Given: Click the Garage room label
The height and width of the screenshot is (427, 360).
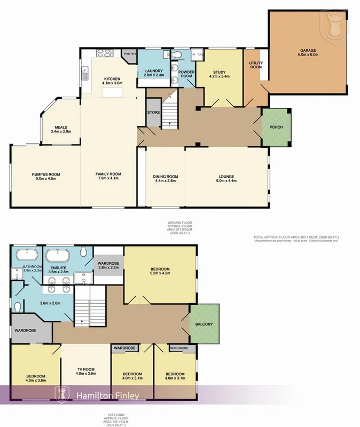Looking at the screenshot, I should (308, 51).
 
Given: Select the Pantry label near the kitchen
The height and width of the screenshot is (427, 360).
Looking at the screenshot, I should (130, 54).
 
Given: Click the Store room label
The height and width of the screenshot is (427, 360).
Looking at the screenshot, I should (153, 112).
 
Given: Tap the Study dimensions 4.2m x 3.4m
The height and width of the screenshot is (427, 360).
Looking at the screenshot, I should (220, 76).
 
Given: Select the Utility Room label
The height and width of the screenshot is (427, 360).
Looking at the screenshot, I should (256, 65).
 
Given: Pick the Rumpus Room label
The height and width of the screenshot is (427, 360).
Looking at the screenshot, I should (45, 175).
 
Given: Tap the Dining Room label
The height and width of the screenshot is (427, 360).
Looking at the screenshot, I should (166, 177).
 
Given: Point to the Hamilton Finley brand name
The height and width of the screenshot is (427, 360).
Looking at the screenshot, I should (108, 396).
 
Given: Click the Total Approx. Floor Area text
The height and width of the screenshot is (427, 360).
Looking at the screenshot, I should (296, 236).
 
